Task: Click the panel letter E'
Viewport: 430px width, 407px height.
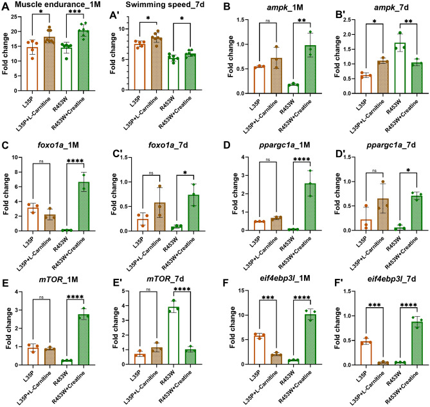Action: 117,284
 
